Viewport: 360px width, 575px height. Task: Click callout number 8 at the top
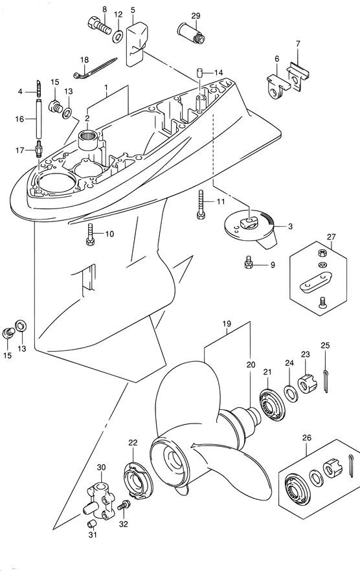(104, 8)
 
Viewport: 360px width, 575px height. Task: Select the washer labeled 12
(120, 32)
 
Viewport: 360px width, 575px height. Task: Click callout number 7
(298, 44)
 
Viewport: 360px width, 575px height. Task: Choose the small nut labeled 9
(247, 262)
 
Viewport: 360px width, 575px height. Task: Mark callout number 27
(332, 237)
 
